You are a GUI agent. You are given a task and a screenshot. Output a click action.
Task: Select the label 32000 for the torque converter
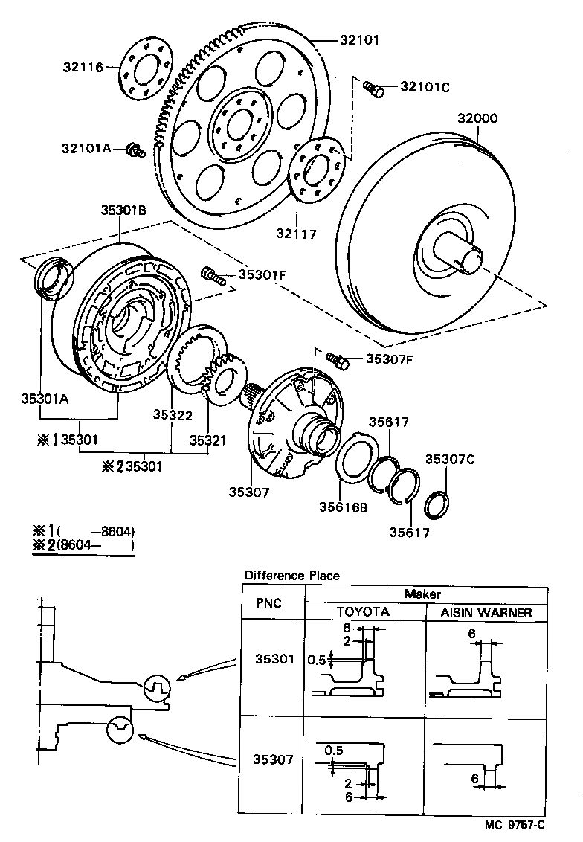pyautogui.click(x=477, y=118)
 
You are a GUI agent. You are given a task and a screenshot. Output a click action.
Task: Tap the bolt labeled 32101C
pyautogui.click(x=373, y=89)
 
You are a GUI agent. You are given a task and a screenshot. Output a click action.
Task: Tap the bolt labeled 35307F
pyautogui.click(x=338, y=361)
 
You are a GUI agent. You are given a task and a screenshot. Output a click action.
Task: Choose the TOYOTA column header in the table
pyautogui.click(x=363, y=612)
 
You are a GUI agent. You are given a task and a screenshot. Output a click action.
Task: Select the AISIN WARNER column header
pyautogui.click(x=486, y=612)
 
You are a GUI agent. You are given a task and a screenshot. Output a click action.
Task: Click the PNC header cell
pyautogui.click(x=268, y=602)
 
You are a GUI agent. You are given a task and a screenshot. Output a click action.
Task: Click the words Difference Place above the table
pyautogui.click(x=291, y=575)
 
